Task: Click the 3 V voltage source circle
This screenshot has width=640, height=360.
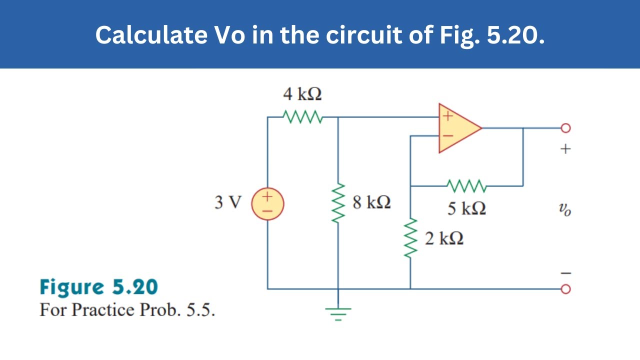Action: (267, 204)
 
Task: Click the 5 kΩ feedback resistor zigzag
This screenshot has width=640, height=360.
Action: (466, 186)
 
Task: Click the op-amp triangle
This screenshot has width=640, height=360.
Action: (457, 128)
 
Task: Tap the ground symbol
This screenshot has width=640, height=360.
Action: (338, 313)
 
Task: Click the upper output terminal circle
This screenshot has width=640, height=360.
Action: (565, 128)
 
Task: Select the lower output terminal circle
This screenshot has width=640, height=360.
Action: (565, 289)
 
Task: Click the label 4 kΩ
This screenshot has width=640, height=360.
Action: (302, 94)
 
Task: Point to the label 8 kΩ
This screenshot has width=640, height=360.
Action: (371, 202)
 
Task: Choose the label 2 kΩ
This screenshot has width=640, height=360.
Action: (444, 238)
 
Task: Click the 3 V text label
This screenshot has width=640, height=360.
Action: (227, 203)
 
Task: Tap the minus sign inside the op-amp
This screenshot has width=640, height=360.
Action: (448, 136)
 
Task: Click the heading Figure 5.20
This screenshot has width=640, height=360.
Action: (98, 287)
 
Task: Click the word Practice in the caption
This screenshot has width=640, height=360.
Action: (102, 310)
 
